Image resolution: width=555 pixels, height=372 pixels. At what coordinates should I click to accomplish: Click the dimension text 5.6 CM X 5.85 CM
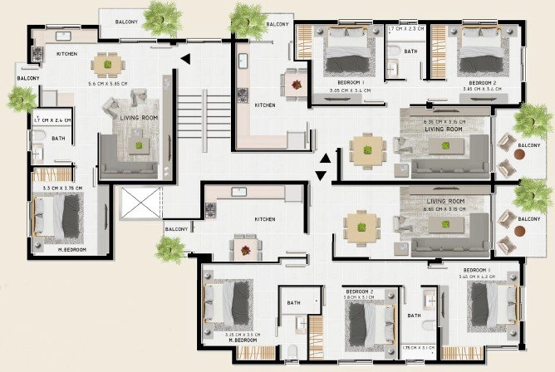(107, 83)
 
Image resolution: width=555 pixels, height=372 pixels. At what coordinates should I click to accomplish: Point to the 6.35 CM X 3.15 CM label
(444, 122)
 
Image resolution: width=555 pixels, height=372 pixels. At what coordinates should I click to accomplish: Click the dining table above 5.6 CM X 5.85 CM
(106, 63)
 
